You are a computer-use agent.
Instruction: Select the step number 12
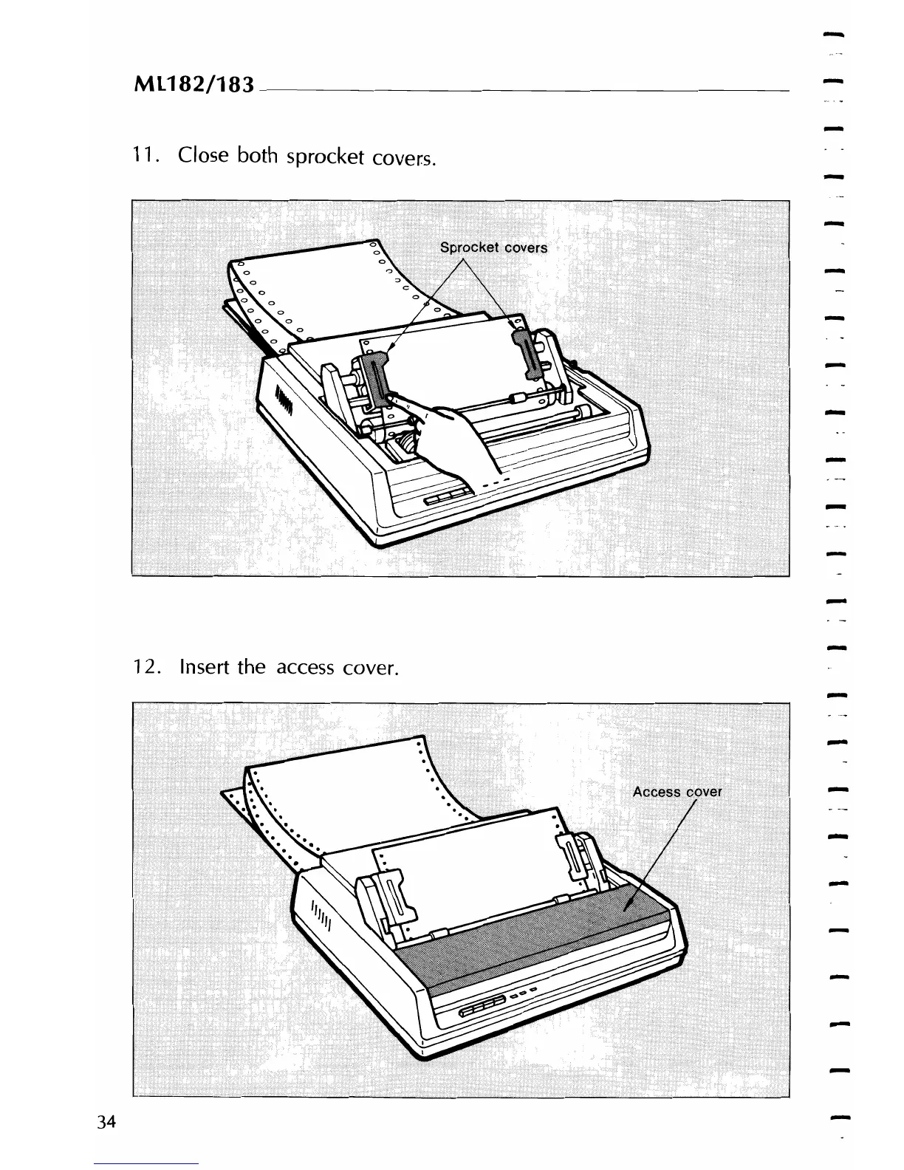[x=143, y=667]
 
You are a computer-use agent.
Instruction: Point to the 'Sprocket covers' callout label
[x=493, y=247]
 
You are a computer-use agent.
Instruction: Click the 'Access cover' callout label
[x=677, y=792]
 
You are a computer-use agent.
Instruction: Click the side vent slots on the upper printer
[x=286, y=401]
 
